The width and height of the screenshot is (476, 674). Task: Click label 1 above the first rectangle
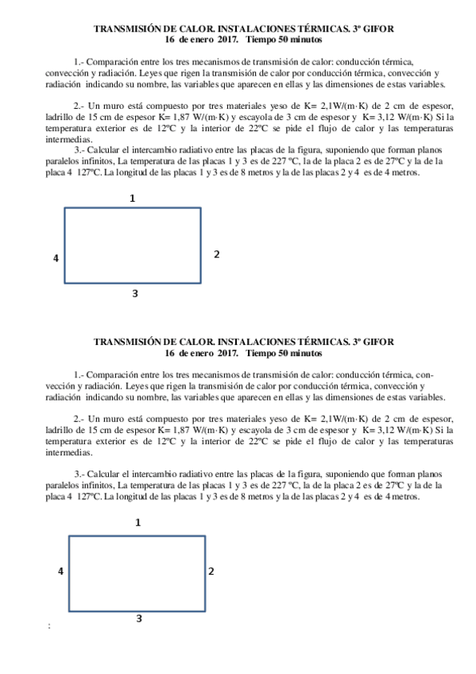[133, 199]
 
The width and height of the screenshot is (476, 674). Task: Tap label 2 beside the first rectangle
[216, 254]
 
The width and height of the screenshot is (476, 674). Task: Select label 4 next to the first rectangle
[56, 258]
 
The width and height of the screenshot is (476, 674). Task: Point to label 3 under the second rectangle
[139, 618]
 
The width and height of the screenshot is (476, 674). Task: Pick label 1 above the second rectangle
[138, 522]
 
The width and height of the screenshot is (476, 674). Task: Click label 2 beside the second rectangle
[211, 571]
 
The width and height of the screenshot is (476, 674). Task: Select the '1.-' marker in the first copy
[79, 61]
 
